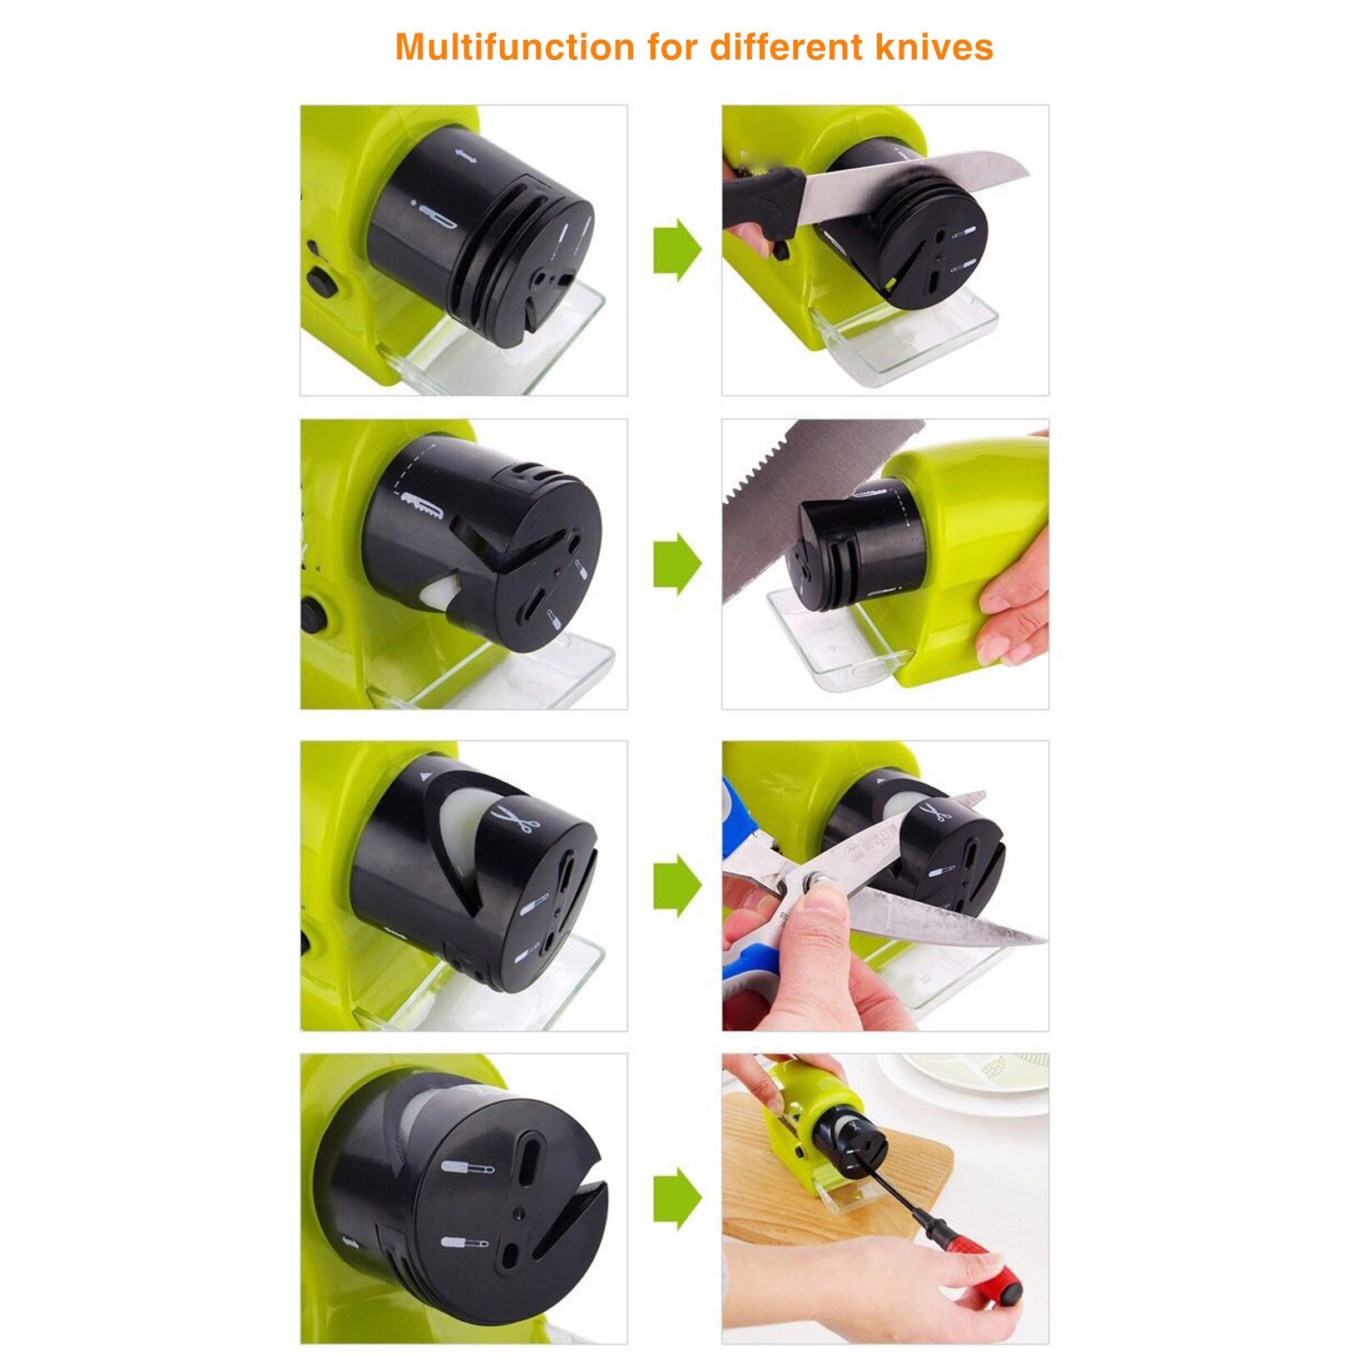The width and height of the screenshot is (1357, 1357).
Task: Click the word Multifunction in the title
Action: pyautogui.click(x=515, y=47)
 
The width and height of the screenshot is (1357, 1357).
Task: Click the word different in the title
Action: pyautogui.click(x=786, y=47)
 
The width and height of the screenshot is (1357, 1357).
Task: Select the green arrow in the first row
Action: pyautogui.click(x=677, y=250)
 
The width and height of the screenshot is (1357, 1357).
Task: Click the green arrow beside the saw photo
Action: pyautogui.click(x=677, y=564)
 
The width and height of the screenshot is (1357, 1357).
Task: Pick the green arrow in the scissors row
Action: pyautogui.click(x=677, y=885)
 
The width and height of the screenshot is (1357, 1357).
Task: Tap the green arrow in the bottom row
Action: pyautogui.click(x=677, y=1198)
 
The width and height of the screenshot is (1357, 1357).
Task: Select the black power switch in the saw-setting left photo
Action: pyautogui.click(x=313, y=616)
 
